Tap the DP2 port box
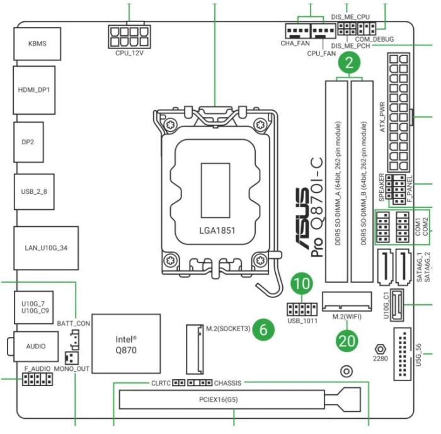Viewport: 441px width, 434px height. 28,142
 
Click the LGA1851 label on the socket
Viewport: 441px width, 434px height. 214,231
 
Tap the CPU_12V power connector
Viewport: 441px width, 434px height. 131,35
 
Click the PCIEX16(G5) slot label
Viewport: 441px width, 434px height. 214,399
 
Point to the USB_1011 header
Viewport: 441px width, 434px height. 302,309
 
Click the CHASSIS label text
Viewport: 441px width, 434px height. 227,382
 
